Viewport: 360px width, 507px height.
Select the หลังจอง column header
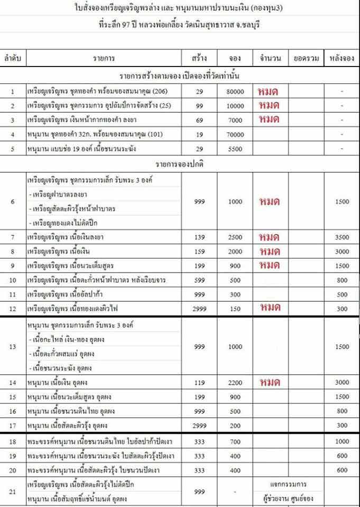coord(341,58)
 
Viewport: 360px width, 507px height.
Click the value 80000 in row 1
coord(236,91)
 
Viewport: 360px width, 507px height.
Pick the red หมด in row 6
coord(269,202)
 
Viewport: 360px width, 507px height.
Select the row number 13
coord(13,346)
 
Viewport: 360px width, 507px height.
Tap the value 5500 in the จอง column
coord(236,149)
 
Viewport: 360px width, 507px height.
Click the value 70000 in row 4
coord(236,135)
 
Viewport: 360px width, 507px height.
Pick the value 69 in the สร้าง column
coord(200,120)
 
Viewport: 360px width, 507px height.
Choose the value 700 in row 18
coord(236,441)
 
